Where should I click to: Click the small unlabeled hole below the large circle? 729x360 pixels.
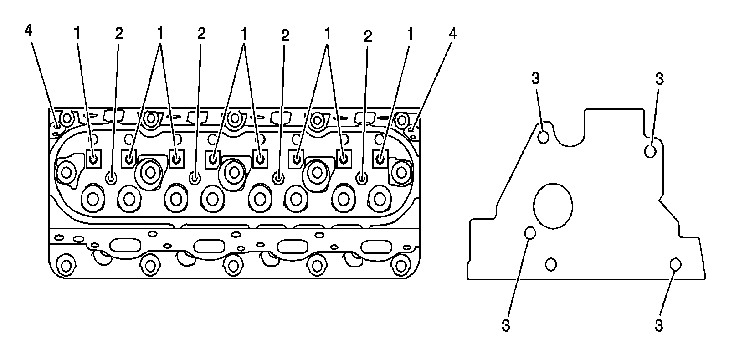551,264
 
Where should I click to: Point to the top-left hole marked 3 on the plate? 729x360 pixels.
543,137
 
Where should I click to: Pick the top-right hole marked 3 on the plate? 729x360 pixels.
650,151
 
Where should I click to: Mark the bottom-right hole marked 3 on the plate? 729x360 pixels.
675,264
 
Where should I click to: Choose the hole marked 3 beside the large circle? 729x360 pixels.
529,233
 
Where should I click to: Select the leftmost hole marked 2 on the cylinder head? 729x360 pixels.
111,177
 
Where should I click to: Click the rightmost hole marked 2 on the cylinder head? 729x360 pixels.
362,177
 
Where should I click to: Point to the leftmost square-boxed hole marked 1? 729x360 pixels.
93,159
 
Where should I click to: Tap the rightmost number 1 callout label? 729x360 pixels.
410,33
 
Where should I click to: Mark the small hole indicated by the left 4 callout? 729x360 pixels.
56,125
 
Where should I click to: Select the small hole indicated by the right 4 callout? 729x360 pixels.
412,130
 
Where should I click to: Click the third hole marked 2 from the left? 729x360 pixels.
278,177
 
